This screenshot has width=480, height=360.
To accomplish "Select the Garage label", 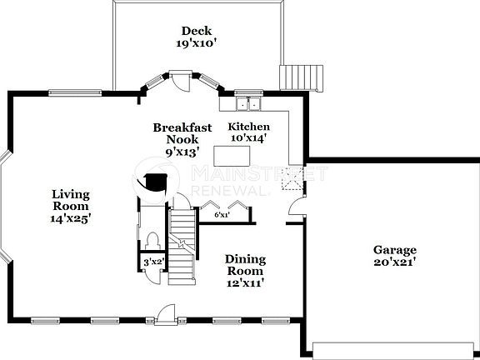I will click(x=395, y=250).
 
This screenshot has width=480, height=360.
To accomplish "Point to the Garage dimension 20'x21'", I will click(x=395, y=262).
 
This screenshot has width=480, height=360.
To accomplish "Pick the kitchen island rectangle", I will click(x=236, y=156).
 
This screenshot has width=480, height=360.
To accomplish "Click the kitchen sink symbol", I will click(x=247, y=105).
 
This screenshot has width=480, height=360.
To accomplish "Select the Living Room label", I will click(x=70, y=200).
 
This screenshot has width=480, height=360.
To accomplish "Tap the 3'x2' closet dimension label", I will click(x=153, y=262).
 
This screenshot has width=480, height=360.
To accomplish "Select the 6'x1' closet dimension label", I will click(x=222, y=215).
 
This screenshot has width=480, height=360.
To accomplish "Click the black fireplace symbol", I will click(x=153, y=182).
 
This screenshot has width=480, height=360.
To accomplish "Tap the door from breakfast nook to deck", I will click(x=181, y=81).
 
